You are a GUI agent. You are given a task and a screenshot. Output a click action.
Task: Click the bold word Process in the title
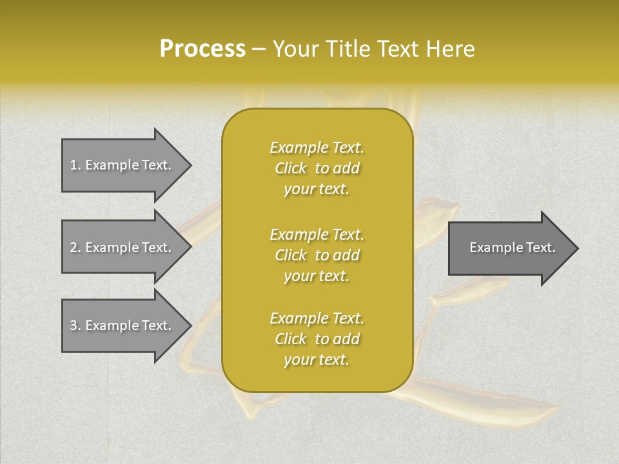click(202, 49)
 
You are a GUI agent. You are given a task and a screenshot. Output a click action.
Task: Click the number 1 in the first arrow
click(74, 165)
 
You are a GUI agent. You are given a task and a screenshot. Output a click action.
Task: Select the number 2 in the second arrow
click(74, 247)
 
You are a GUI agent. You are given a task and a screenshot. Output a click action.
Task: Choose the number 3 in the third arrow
click(74, 325)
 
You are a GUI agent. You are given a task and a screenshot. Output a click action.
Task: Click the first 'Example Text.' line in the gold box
click(317, 148)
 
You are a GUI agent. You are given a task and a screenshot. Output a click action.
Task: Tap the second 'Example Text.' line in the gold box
click(317, 234)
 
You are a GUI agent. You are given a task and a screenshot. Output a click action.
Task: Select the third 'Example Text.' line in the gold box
click(317, 318)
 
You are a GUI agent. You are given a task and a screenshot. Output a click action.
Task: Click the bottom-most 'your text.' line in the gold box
click(317, 360)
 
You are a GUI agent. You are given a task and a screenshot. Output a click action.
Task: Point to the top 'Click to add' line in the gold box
click(317, 168)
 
